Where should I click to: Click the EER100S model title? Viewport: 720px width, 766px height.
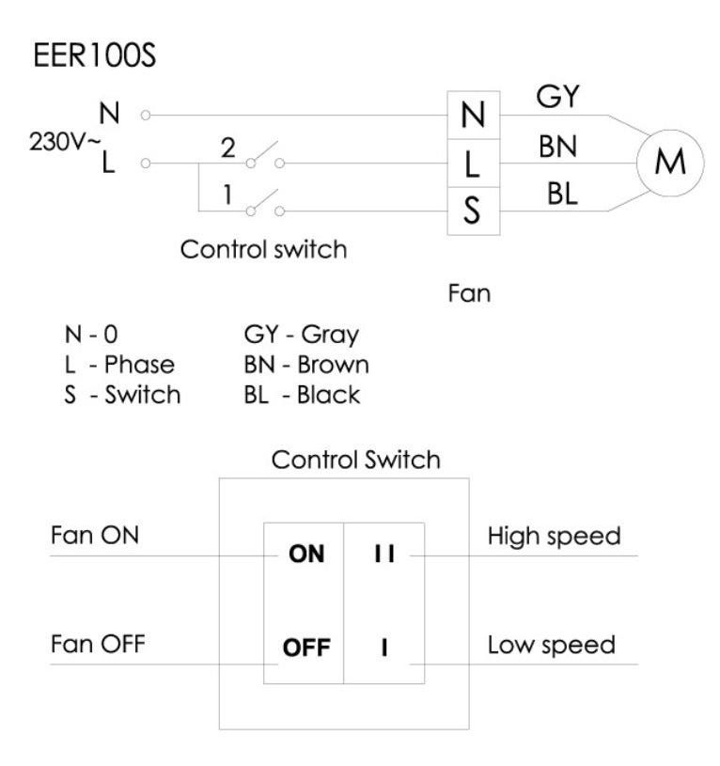point(94,55)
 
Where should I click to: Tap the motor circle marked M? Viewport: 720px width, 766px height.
point(668,162)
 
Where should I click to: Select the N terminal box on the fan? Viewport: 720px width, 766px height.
point(474,117)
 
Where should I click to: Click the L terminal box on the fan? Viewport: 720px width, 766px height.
point(474,164)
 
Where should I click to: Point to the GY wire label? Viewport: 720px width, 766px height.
point(558,97)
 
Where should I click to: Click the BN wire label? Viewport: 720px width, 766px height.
point(558,148)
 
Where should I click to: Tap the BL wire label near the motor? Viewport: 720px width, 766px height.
point(562,195)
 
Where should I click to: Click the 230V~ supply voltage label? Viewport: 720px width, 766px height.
point(55,146)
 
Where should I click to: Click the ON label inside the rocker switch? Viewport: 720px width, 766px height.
point(305,555)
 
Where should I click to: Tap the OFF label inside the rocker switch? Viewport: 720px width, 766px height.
point(305,649)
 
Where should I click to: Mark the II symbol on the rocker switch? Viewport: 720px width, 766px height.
point(383,555)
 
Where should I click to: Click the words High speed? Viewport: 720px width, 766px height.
point(554,537)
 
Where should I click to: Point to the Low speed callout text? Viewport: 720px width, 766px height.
point(551,646)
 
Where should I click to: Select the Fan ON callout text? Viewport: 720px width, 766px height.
point(94,536)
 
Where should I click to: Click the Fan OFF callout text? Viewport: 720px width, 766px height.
point(97,646)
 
